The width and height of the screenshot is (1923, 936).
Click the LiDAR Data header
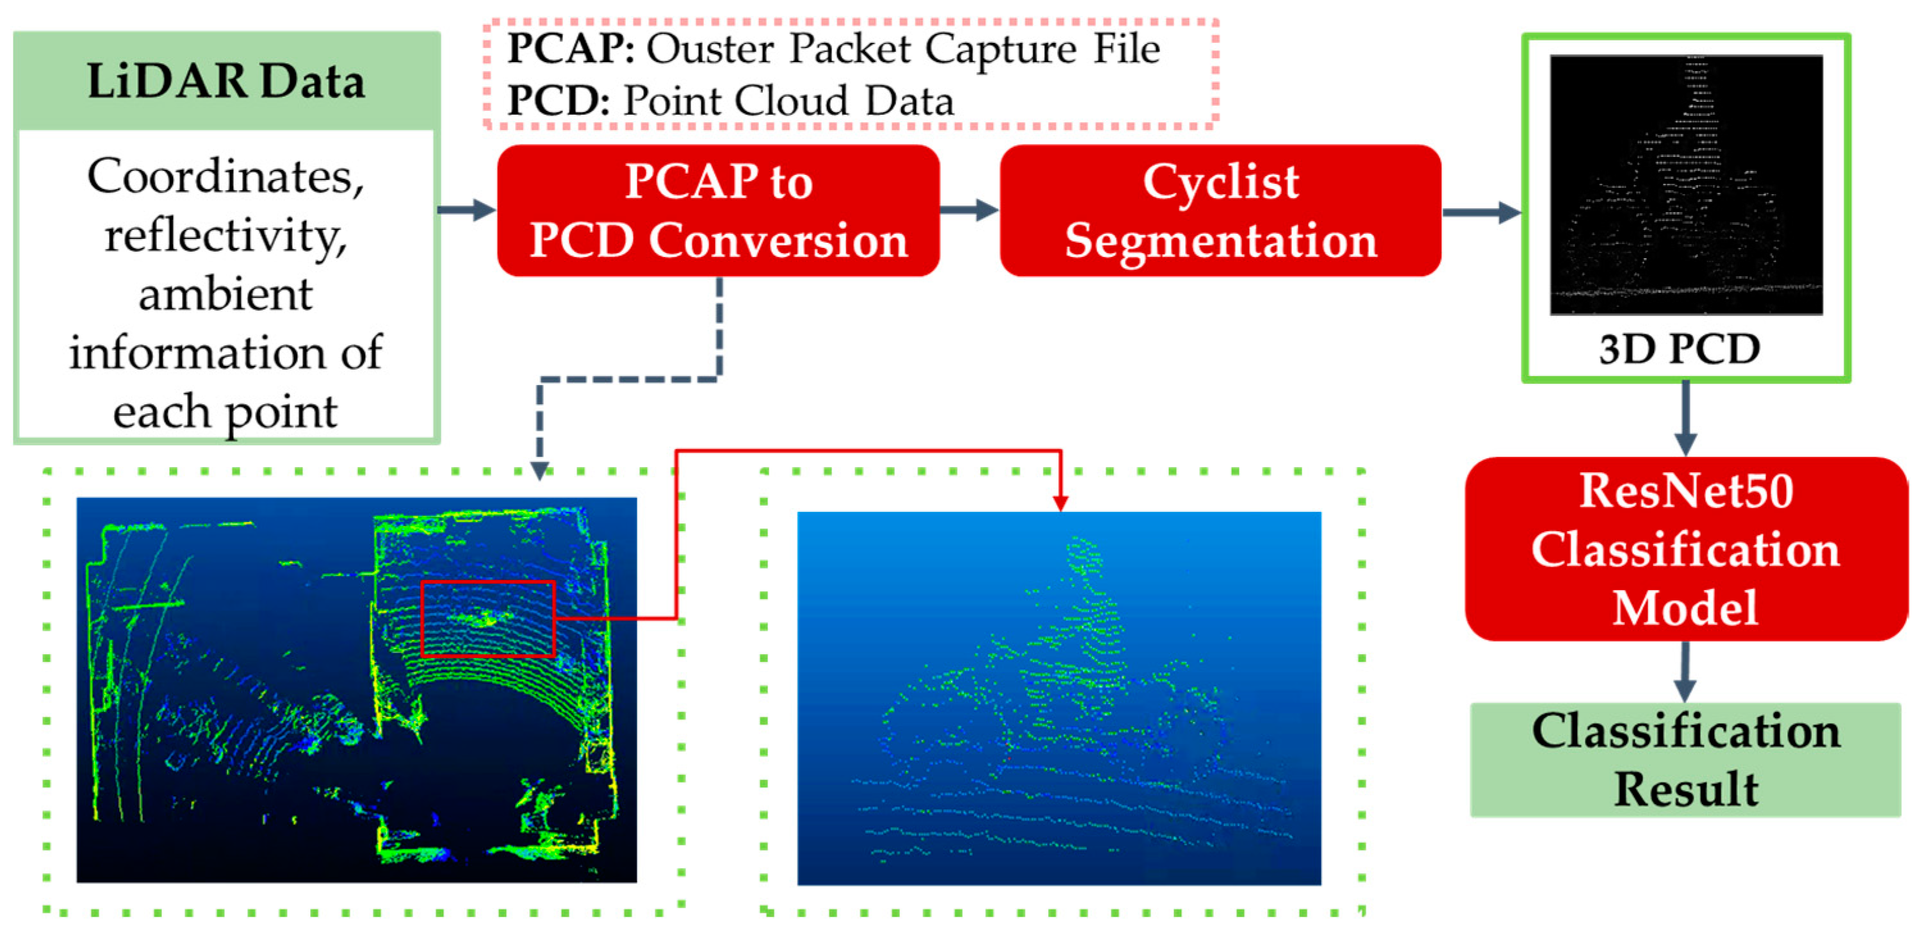226,81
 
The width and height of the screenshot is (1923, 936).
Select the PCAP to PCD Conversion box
718,211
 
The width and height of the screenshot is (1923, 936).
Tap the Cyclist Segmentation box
1220,211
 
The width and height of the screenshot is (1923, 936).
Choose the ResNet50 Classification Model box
1685,549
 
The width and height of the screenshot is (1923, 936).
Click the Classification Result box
1685,760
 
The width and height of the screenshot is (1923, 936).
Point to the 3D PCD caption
1679,349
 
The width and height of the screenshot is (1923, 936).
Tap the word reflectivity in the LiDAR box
226,236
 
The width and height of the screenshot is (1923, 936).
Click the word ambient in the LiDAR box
225,294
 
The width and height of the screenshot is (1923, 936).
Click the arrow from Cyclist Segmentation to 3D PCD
1482,212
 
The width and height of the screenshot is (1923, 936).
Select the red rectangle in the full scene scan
488,618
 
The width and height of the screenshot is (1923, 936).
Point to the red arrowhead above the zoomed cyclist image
1060,503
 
